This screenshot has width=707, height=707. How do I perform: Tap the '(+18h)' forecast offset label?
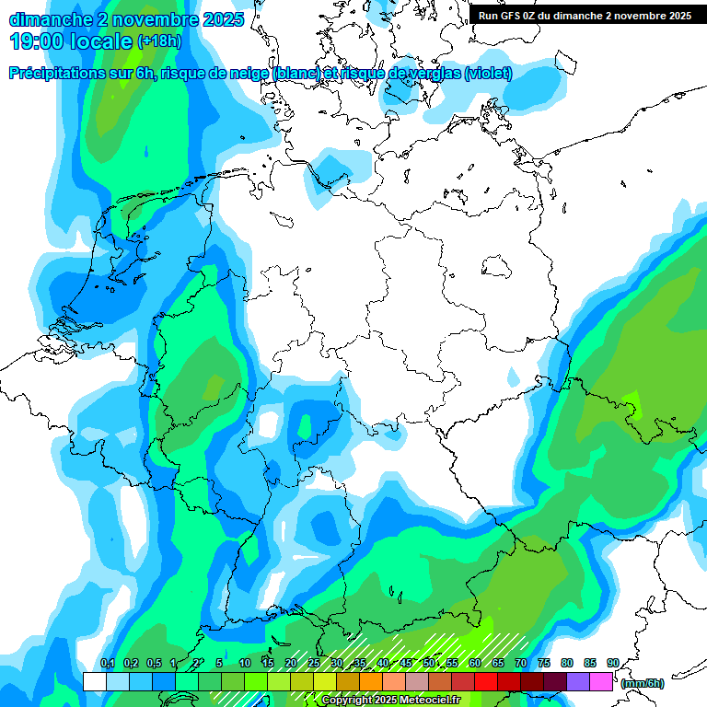click(158, 41)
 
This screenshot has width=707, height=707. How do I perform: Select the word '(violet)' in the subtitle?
click(489, 74)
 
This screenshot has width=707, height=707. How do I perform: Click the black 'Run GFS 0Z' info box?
click(585, 15)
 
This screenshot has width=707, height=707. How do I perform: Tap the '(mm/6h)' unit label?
click(643, 683)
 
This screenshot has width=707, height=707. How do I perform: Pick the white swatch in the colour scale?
click(95, 681)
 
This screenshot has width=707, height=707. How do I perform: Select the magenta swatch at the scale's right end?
click(601, 681)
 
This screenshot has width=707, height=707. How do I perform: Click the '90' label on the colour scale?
click(613, 663)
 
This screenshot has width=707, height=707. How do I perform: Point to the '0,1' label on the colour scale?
click(107, 663)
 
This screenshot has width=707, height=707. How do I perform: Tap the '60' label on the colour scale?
click(475, 663)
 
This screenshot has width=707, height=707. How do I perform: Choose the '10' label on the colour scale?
click(245, 663)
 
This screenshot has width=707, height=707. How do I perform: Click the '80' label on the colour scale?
click(567, 663)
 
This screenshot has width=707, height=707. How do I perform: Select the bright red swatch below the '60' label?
click(486, 681)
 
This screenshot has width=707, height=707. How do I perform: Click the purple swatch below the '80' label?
click(578, 681)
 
